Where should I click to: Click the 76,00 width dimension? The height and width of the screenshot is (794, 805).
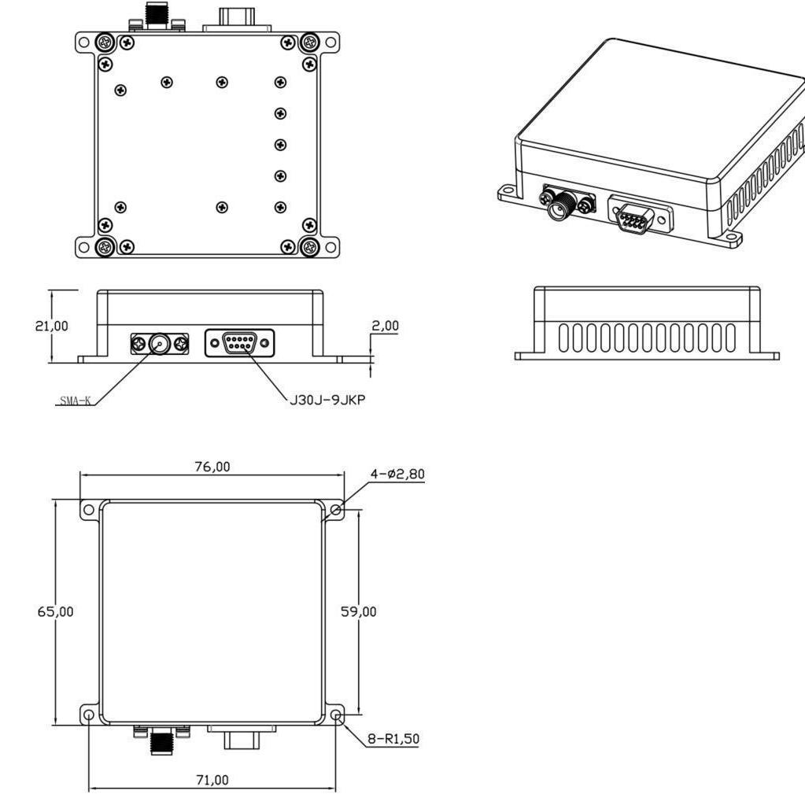[212, 467]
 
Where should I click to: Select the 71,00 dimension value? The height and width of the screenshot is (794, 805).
[212, 780]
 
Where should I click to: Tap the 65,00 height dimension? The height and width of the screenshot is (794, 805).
[55, 611]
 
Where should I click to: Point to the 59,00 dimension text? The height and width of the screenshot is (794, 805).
[358, 611]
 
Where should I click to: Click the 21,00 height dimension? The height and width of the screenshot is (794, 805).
[51, 326]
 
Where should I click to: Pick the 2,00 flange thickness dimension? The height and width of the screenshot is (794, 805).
[385, 326]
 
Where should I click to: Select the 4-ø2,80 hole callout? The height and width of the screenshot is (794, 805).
[398, 474]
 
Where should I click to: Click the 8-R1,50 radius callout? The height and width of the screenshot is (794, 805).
[393, 739]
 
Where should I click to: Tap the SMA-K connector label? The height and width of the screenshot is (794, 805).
[75, 401]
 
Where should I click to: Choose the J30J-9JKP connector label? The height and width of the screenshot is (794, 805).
[327, 400]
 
